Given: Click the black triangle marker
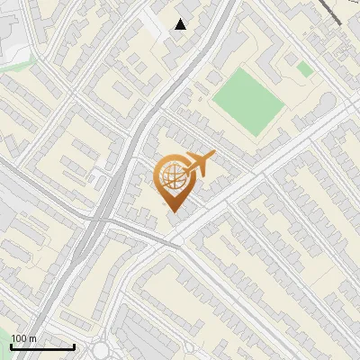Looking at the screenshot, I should point(181,24).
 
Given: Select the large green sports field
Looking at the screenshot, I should point(247,101).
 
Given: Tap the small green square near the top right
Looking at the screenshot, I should point(305,68).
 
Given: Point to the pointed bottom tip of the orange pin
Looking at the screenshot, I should point(173,210).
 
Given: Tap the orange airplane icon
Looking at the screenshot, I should point(199,165).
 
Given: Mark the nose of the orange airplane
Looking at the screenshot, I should point(212,157).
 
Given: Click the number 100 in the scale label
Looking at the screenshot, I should point(18,338).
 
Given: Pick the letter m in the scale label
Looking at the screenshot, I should point(32,338).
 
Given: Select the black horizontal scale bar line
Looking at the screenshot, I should point(42,346).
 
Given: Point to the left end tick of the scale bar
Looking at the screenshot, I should point(11,345).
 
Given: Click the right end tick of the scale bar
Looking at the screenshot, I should point(74,345).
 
